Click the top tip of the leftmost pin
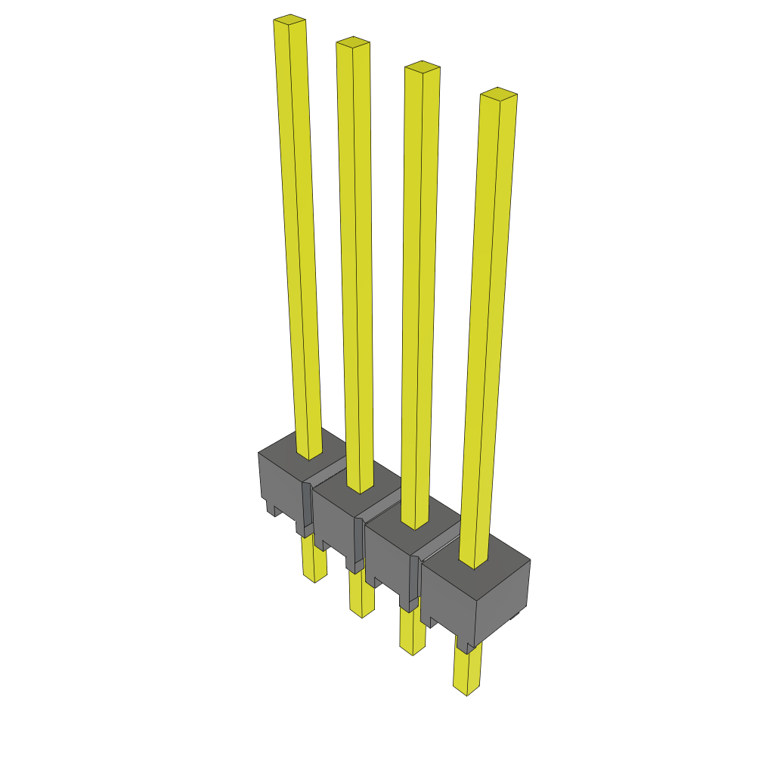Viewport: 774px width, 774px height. click(x=289, y=19)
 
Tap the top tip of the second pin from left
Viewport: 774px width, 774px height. click(x=353, y=41)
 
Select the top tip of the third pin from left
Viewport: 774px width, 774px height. click(x=422, y=67)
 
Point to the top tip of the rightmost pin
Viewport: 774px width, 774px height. click(x=499, y=94)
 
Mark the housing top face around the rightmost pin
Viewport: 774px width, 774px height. click(x=506, y=563)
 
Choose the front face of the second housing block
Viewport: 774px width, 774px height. click(x=336, y=522)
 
